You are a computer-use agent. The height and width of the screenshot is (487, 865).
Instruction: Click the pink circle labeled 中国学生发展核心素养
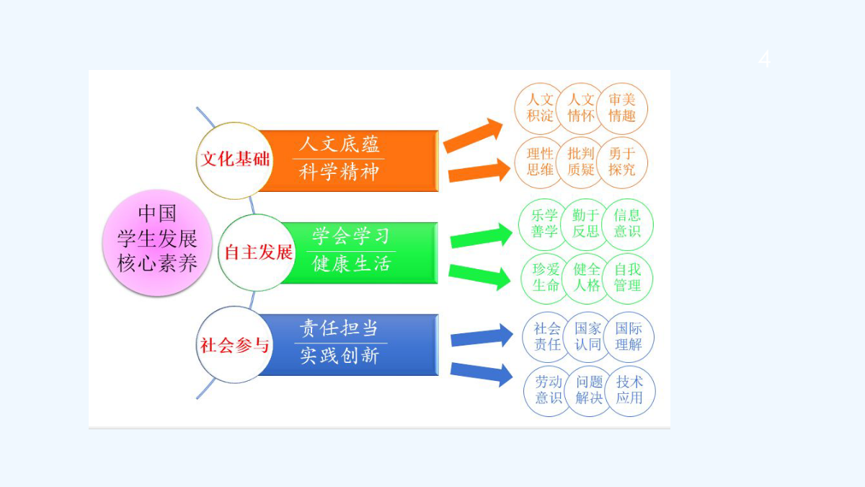point(157,242)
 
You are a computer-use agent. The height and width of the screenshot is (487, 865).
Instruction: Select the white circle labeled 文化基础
point(234,160)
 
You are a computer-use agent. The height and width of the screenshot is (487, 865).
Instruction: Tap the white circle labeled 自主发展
point(257,253)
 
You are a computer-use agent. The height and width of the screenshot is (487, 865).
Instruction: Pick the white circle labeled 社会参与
point(234,345)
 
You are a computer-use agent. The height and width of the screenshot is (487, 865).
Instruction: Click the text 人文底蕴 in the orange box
point(339,144)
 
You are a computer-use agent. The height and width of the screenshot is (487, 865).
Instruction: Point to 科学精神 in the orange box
point(339,172)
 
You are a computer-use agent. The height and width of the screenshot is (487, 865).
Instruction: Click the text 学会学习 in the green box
point(350,236)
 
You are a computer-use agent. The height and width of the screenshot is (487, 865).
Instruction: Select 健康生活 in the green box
point(352,264)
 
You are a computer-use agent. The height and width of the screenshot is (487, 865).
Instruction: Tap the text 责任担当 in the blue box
point(339,328)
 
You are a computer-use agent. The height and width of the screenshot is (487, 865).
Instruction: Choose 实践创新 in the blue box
point(340,356)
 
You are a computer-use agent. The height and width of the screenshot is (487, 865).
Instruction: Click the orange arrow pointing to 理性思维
point(479,171)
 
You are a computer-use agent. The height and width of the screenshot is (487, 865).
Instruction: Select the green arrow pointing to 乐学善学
point(482,235)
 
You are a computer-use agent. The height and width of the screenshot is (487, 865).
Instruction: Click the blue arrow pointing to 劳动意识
point(482,374)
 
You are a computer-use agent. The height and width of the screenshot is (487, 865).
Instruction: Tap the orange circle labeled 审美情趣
point(621,108)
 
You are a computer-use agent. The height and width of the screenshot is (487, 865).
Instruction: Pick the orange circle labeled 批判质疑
point(580,162)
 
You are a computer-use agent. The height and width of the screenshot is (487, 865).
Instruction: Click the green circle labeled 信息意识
point(627,224)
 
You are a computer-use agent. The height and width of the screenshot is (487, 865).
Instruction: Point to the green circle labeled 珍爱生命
point(546,278)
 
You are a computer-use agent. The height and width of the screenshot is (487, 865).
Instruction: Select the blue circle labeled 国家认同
point(587,337)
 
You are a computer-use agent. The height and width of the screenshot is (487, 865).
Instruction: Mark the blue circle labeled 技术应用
point(629,391)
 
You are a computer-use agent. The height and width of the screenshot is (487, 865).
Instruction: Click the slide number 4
point(764,59)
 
